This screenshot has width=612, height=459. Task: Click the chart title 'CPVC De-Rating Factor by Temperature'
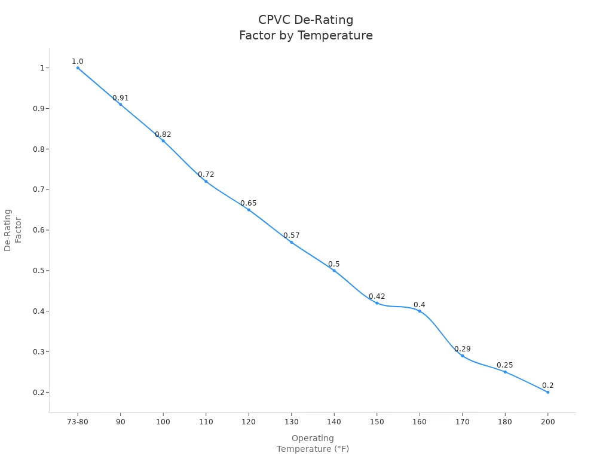[305, 28]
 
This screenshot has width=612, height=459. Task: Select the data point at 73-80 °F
[78, 68]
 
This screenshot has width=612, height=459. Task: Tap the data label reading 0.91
[121, 98]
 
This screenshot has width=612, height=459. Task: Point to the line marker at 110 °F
[206, 181]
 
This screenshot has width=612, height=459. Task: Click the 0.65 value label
[249, 203]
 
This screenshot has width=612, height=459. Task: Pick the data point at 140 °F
[334, 270]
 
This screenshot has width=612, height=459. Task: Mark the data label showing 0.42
[377, 296]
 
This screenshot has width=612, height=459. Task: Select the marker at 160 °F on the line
[420, 311]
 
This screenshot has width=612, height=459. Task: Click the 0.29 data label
[462, 349]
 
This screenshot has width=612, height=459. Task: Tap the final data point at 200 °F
[547, 392]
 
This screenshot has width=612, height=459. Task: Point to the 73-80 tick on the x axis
[78, 421]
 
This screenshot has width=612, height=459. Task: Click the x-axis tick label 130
[291, 421]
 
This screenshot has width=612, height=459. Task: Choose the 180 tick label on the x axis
[505, 421]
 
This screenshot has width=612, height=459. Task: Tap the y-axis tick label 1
[42, 68]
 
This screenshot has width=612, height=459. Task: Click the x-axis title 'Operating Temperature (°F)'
[313, 443]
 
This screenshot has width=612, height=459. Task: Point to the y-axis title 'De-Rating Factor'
[13, 230]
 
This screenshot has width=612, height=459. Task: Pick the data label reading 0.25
[505, 365]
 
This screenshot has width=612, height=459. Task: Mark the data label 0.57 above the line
[292, 235]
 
